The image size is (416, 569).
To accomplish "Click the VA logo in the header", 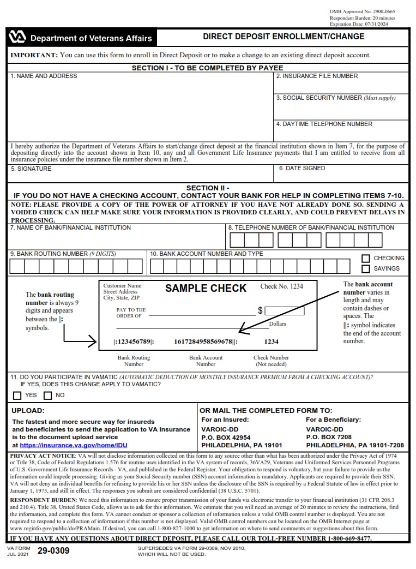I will click(x=17, y=38).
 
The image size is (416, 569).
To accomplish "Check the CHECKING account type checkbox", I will click(x=366, y=259).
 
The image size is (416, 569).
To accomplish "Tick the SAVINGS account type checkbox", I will click(x=366, y=269).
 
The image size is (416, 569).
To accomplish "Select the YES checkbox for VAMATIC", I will click(x=17, y=396).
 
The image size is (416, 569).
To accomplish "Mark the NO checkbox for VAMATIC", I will click(x=47, y=396).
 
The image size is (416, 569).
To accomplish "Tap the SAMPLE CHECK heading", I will click(x=206, y=289).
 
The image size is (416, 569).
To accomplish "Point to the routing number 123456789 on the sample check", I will click(x=134, y=342).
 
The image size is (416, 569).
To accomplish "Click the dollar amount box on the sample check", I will click(x=284, y=312).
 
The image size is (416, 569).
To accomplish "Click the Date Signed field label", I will click(x=302, y=169).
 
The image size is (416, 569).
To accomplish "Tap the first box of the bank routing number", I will click(x=17, y=266).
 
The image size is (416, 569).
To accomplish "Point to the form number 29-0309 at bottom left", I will click(x=53, y=551).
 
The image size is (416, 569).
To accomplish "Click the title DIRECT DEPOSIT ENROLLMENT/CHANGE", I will click(x=284, y=37).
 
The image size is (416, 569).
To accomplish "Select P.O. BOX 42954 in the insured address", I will click(x=226, y=438).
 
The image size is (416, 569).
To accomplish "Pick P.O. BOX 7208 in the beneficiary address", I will click(x=329, y=438).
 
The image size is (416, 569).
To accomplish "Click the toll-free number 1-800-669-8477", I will click(x=349, y=538).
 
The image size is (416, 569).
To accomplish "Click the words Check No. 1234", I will click(x=281, y=286).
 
